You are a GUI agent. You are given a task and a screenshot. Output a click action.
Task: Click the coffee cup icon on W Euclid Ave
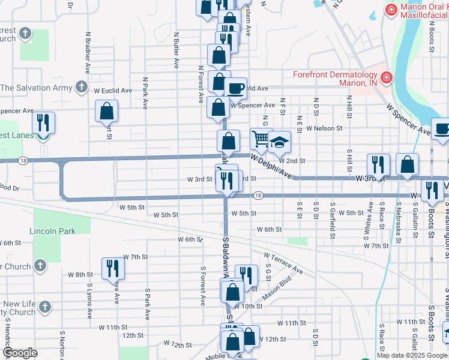coord(235,87)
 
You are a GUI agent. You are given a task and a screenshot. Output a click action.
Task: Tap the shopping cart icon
coord(261,139)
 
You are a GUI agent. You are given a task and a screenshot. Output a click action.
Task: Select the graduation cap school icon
coord(279,142)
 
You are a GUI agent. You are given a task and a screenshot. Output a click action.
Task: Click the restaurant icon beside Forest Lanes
coord(43,122)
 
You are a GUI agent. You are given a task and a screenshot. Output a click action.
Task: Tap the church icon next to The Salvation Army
coord(81,88)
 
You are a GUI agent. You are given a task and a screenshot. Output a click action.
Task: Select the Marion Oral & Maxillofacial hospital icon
coord(391,10)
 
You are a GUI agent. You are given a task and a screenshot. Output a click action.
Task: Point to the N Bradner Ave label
coord(88,53)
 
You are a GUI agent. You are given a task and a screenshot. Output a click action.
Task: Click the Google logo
coord(20,353)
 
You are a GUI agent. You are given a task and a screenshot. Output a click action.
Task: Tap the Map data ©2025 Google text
coord(412,355)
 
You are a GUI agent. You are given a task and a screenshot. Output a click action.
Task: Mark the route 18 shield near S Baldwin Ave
coord(257,196)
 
